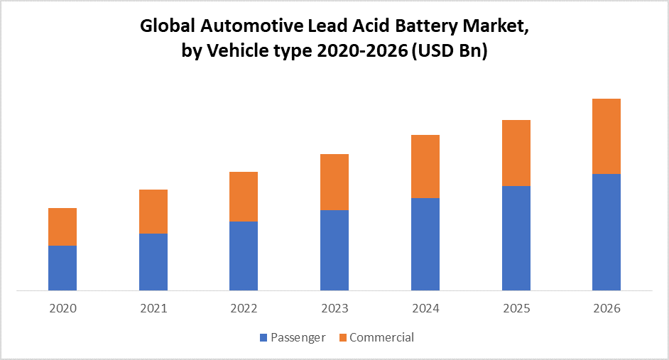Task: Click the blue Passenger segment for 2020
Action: click(x=62, y=268)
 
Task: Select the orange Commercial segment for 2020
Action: click(x=62, y=227)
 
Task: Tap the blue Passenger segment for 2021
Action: click(x=153, y=261)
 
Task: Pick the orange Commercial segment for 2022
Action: click(x=244, y=197)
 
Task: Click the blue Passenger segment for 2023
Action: click(x=334, y=250)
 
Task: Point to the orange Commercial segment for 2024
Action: click(x=425, y=166)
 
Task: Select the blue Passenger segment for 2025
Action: click(x=516, y=238)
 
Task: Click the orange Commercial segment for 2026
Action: click(x=607, y=136)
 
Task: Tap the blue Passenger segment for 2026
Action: click(x=607, y=232)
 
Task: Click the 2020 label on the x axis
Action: click(x=62, y=309)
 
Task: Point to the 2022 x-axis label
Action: click(x=244, y=309)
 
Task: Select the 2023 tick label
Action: click(x=334, y=309)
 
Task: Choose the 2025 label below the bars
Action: click(x=516, y=309)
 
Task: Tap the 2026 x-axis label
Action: click(x=607, y=309)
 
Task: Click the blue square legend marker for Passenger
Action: click(x=264, y=338)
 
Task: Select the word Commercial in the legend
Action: click(x=381, y=337)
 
